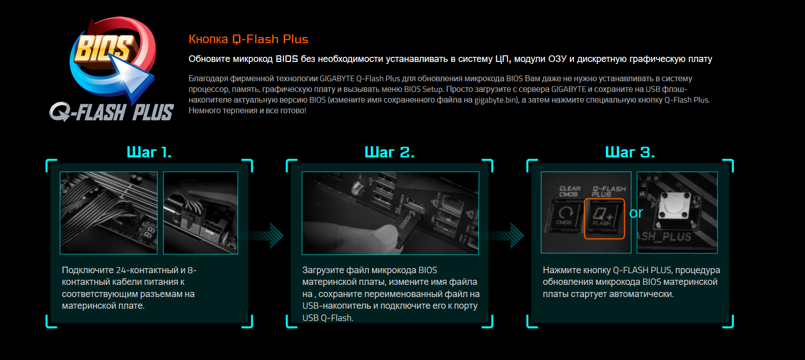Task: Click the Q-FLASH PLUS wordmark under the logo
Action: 112,112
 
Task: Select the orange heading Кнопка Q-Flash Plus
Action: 248,39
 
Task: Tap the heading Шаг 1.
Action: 149,152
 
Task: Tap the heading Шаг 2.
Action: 390,152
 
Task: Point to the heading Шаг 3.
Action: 630,152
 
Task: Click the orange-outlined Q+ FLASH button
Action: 604,218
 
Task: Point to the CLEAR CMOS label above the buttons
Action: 570,191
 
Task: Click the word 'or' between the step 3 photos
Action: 636,213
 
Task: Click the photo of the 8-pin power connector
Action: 201,213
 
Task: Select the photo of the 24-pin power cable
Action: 109,213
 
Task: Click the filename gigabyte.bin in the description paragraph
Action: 495,100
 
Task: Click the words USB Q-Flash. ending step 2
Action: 328,318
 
